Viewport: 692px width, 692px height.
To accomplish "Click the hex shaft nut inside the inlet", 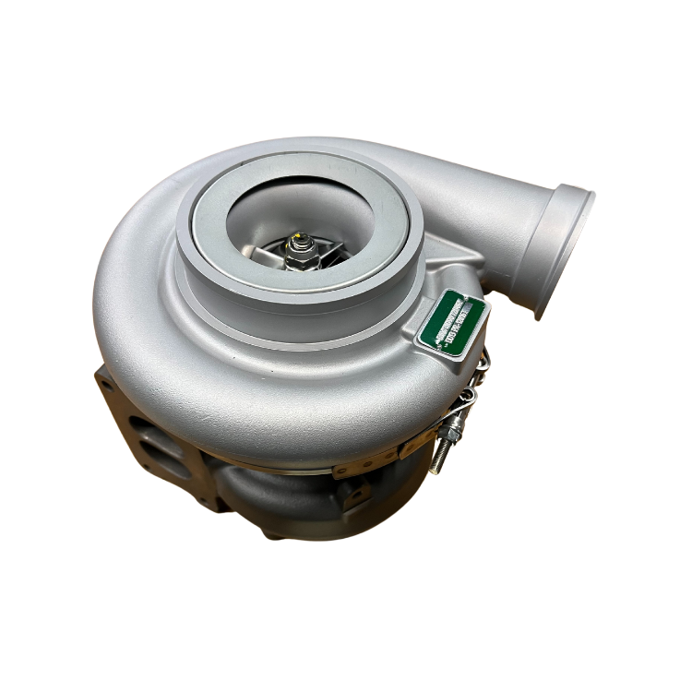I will point(297,250).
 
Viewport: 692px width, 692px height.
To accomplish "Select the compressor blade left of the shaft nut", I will point(273,254).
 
